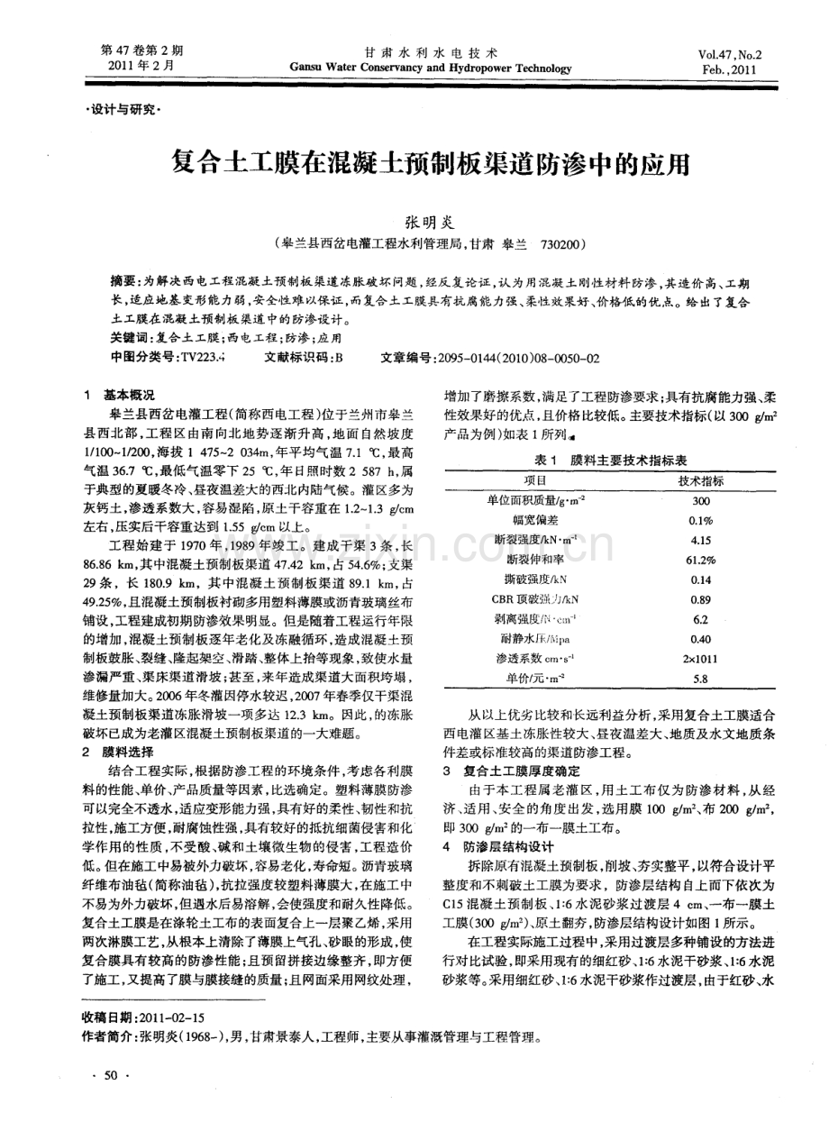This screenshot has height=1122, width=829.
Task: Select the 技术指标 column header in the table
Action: point(700,480)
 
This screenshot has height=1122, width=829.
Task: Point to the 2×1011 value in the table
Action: point(700,660)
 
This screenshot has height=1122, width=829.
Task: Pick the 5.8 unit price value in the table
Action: point(700,680)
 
